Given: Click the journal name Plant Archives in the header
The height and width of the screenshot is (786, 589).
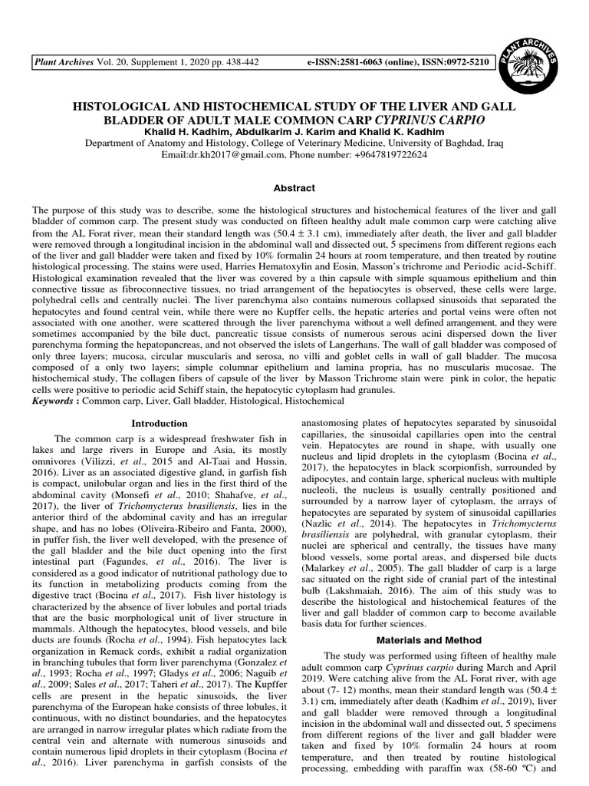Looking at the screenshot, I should click(x=61, y=61).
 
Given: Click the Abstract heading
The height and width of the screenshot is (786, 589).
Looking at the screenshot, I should click(x=294, y=188).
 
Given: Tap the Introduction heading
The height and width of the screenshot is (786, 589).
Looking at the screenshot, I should click(x=159, y=424).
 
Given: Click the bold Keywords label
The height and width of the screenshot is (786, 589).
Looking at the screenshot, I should click(x=54, y=401).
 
